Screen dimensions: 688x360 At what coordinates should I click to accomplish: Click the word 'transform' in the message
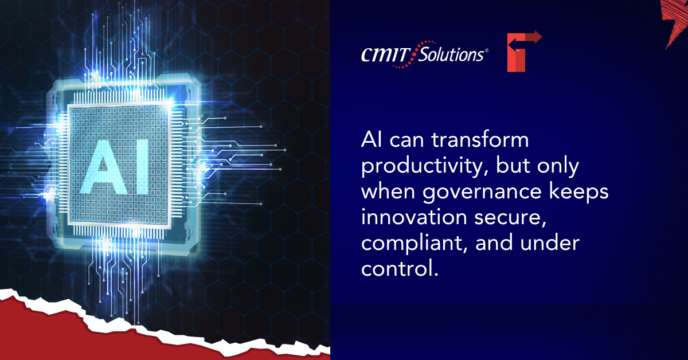[x=480, y=140]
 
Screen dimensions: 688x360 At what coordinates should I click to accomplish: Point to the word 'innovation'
[x=414, y=217]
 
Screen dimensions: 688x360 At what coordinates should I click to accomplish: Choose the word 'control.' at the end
[x=400, y=268]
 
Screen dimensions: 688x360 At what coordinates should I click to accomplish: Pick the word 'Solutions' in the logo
[x=452, y=55]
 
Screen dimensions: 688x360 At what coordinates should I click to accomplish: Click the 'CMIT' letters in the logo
[x=386, y=55]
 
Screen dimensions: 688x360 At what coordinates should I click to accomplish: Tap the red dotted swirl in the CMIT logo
[x=413, y=54]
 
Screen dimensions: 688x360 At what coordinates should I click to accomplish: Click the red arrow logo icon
[x=523, y=51]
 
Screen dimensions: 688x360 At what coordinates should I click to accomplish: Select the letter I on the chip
[x=142, y=167]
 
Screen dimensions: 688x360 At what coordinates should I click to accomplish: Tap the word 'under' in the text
[x=550, y=242]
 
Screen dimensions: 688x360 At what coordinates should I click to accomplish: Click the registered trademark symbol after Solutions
[x=487, y=50]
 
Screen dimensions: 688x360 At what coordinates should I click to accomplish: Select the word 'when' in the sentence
[x=388, y=191]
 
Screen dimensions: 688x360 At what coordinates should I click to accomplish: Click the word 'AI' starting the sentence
[x=372, y=140]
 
